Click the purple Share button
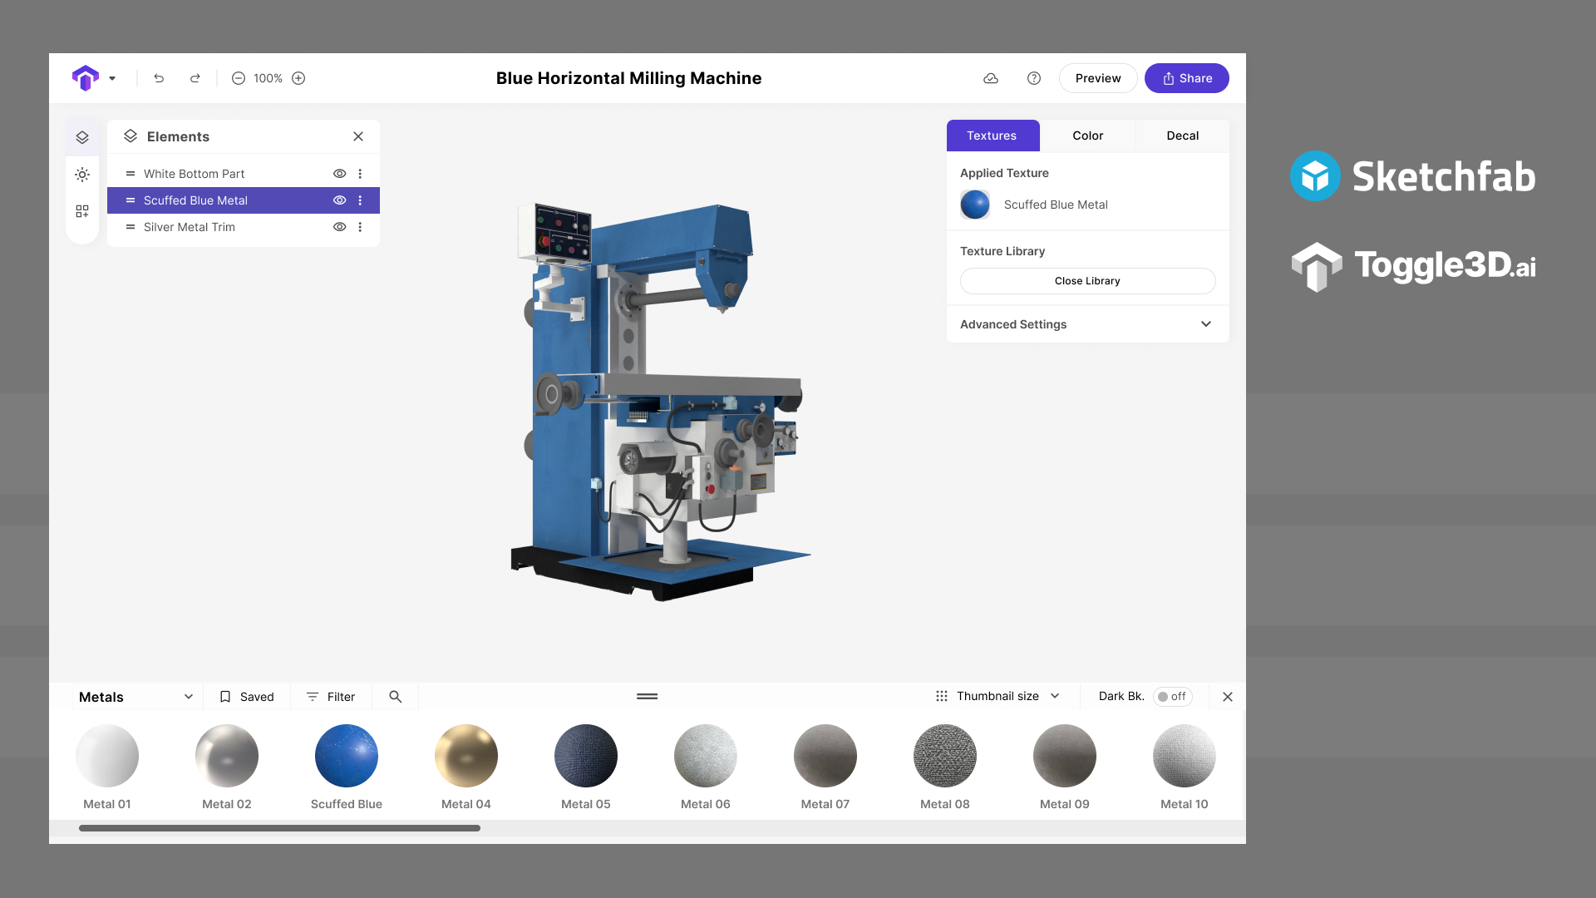tap(1186, 78)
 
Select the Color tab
tap(1087, 136)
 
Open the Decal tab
tap(1182, 136)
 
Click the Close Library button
tap(1087, 281)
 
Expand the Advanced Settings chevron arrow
tap(1206, 324)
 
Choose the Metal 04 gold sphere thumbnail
tap(466, 756)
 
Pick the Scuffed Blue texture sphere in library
tap(347, 756)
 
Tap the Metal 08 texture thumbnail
tap(945, 756)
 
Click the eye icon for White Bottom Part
tap(339, 174)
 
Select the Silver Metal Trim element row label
tap(190, 227)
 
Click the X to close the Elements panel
tap(358, 136)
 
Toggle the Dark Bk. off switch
tap(1172, 697)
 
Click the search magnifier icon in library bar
tap(396, 697)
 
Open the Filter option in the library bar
tap(331, 697)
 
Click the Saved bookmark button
tap(247, 697)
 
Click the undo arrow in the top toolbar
tap(159, 78)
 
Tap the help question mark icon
tap(1034, 78)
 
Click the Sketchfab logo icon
tap(1315, 176)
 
